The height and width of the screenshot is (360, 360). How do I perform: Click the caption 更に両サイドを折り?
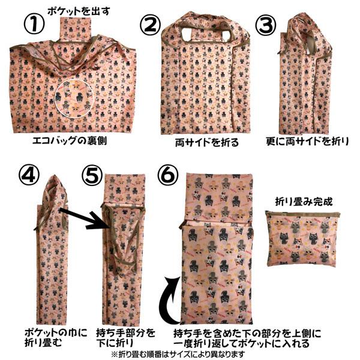307,143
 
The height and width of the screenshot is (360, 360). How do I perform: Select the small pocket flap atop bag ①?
76,26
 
